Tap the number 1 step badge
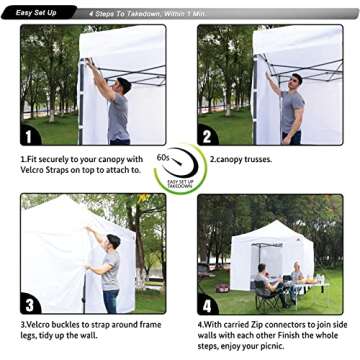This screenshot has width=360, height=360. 30,134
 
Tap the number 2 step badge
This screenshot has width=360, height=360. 206,134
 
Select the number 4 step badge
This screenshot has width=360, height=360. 207,304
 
